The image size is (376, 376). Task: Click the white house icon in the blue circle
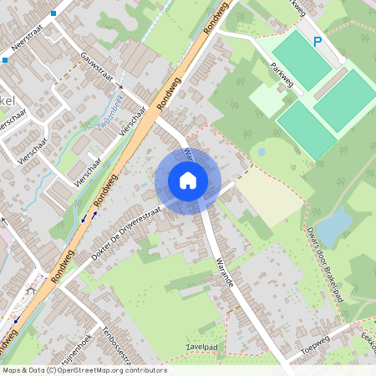[x=188, y=180]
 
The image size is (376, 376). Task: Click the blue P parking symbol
[x=317, y=41]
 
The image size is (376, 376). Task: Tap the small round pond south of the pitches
[x=262, y=153]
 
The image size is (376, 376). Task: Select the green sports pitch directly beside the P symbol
[x=302, y=58]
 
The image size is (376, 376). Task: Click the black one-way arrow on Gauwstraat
[x=119, y=86]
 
